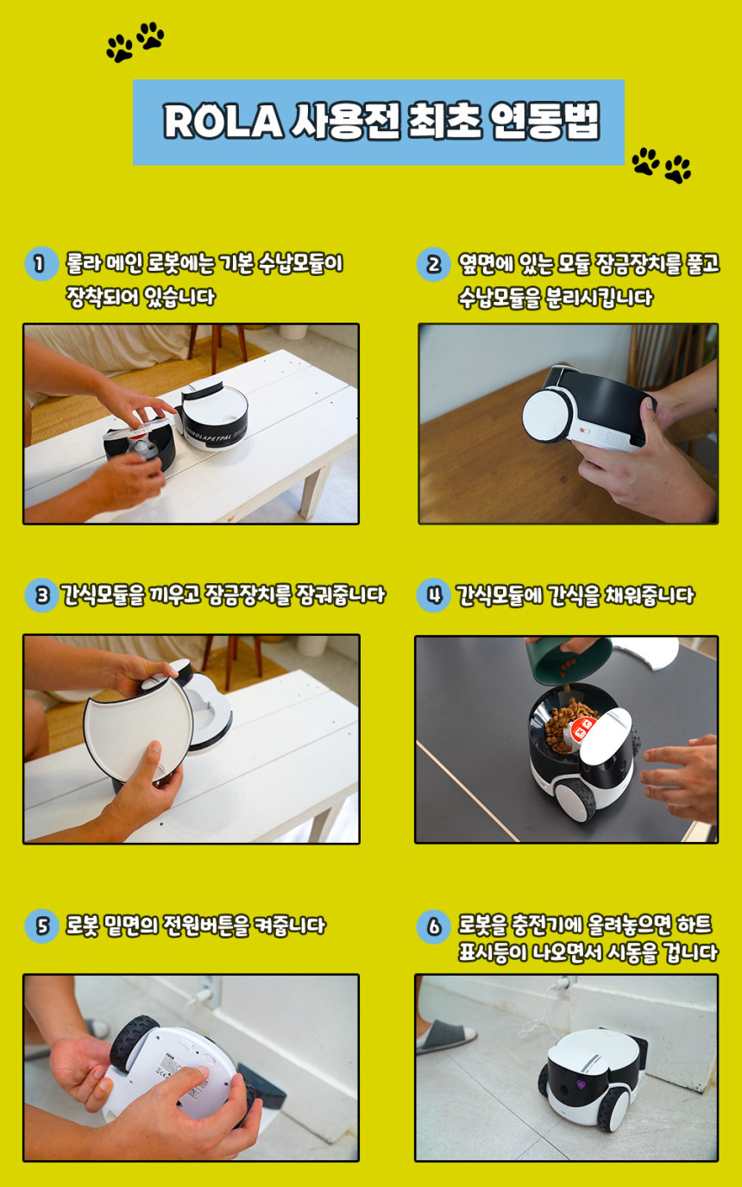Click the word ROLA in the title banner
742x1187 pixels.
223,122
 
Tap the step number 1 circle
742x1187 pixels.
41,263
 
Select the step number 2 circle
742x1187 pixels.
433,264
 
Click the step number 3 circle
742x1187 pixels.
41,595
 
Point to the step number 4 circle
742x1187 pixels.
433,595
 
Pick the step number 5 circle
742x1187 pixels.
41,926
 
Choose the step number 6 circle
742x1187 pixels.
433,926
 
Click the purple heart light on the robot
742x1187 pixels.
582,1083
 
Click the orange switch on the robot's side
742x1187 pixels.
584,430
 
